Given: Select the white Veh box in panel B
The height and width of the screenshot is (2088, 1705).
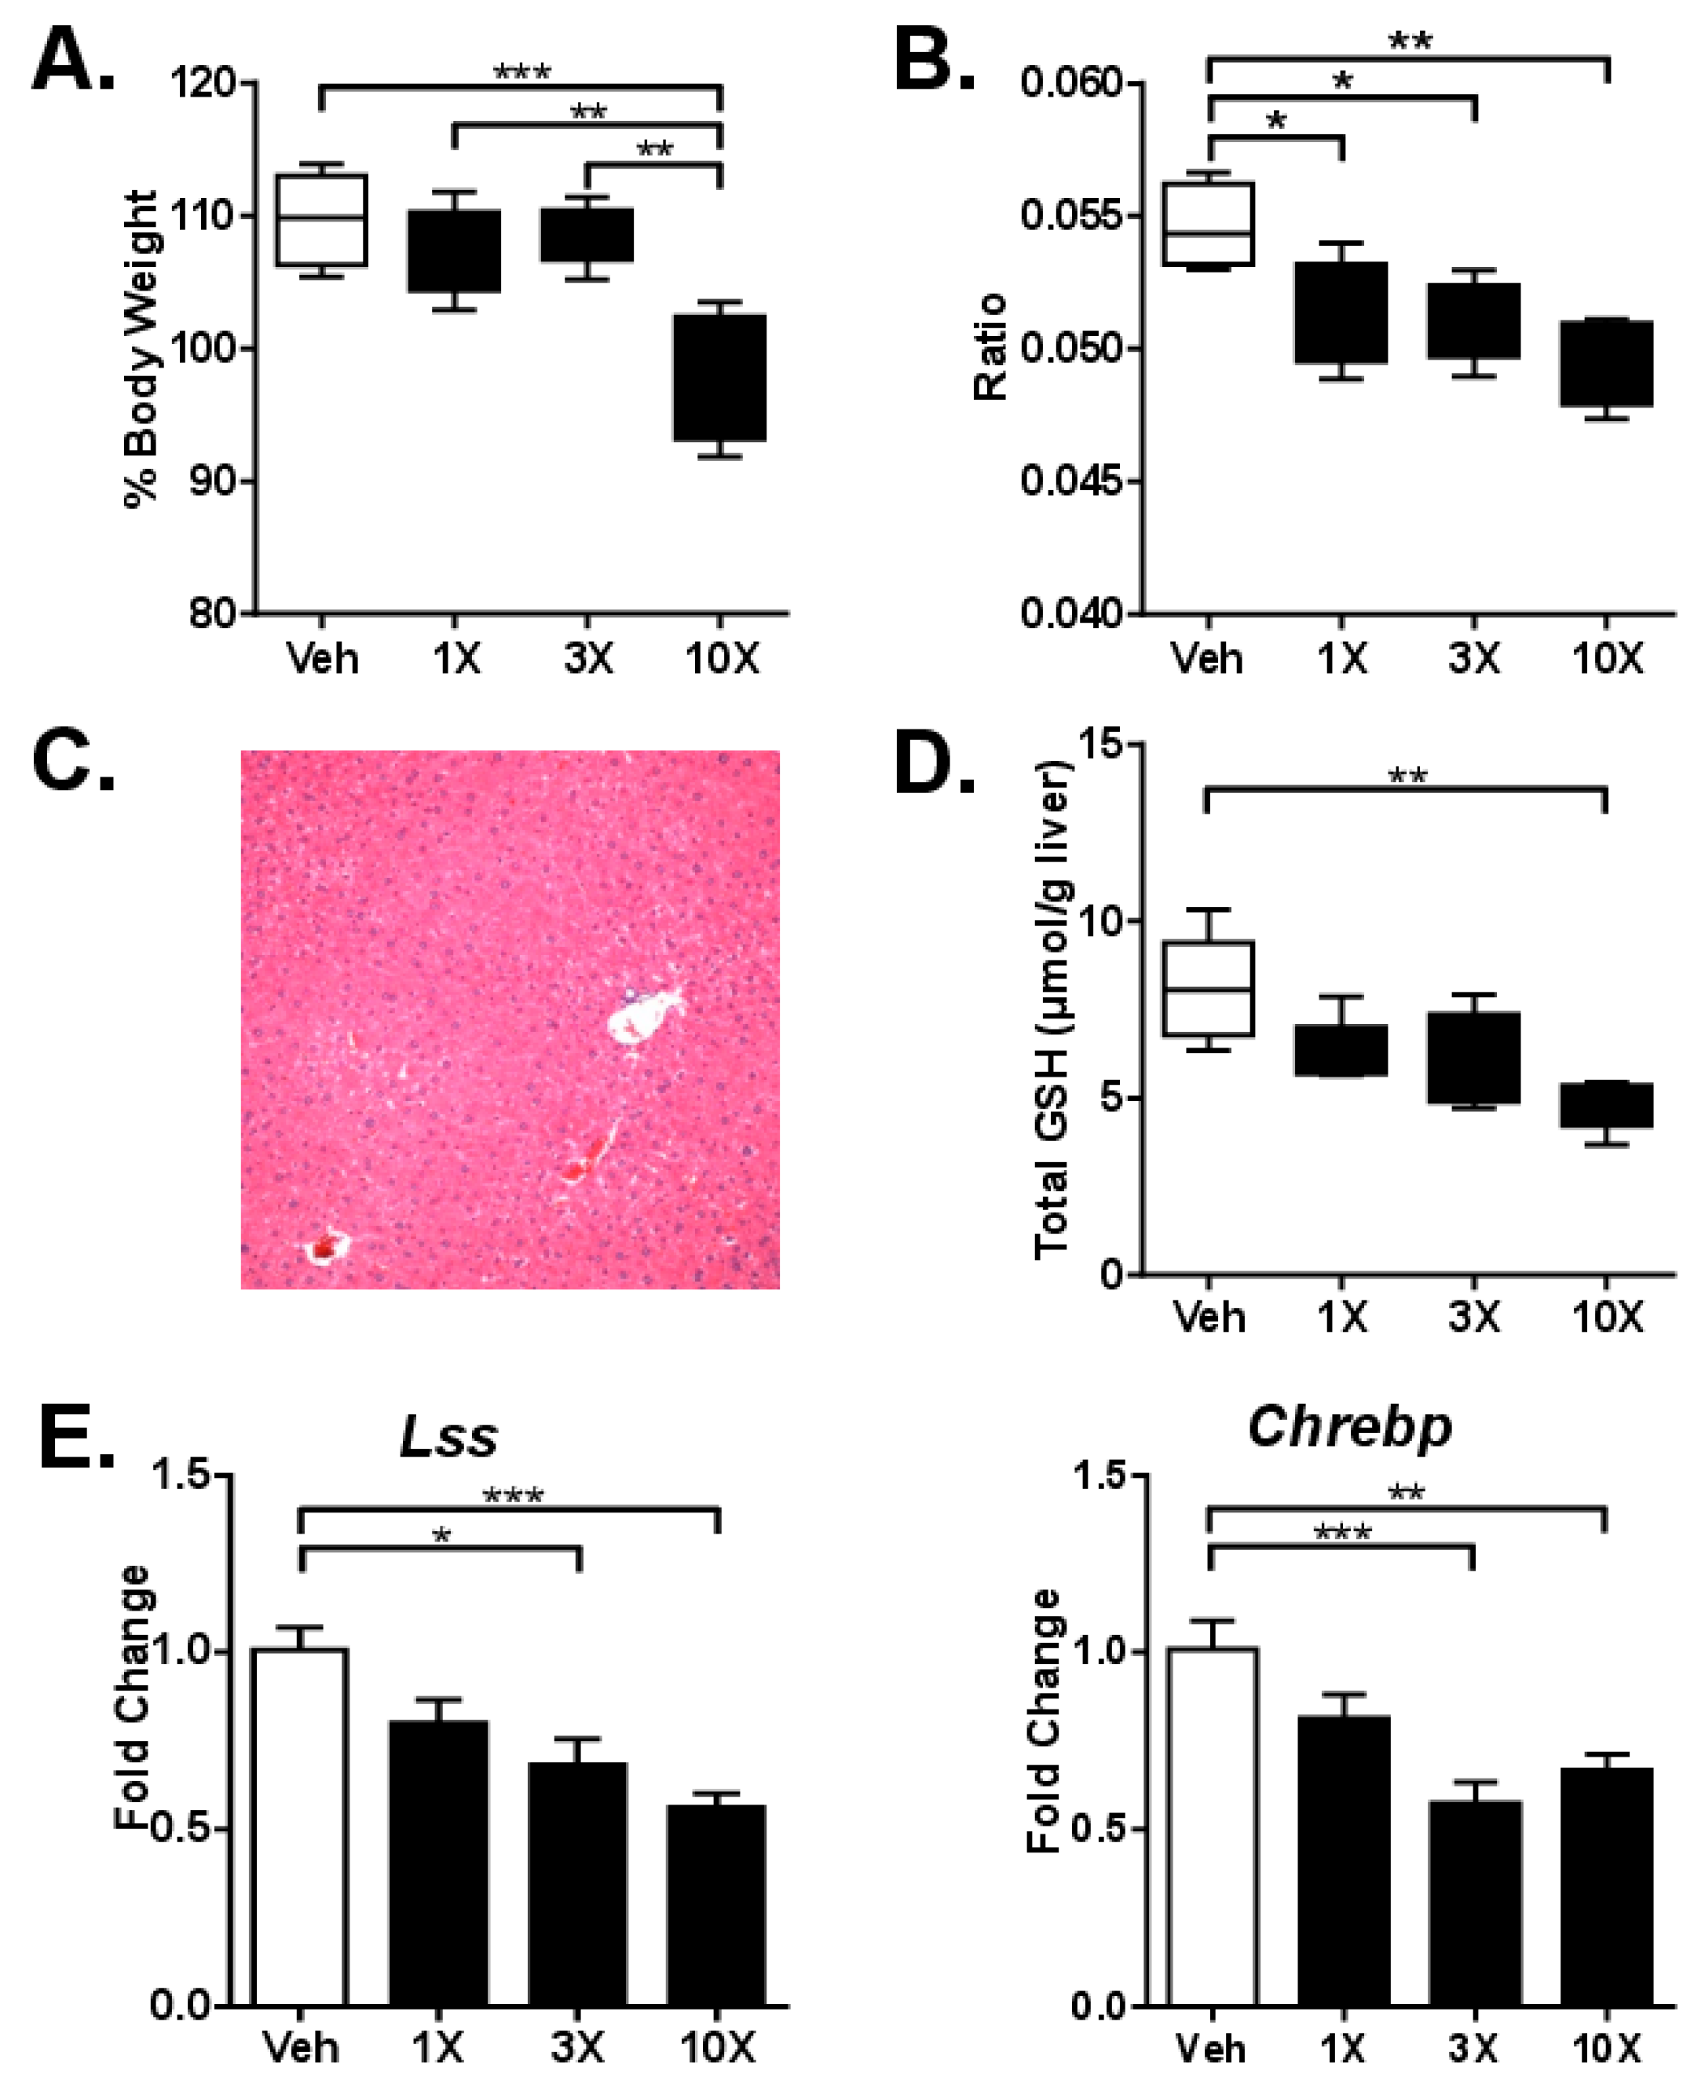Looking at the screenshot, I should click(1208, 224).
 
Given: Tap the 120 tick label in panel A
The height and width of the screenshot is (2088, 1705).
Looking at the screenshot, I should click(203, 82).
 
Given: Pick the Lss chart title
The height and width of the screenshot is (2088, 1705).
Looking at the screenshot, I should click(449, 1437).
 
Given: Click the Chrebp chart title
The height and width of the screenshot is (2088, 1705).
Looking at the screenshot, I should click(1349, 1427).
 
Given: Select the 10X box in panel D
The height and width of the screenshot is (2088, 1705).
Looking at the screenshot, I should click(1606, 1105).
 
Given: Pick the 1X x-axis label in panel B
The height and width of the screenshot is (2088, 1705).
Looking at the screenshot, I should click(1341, 658).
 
